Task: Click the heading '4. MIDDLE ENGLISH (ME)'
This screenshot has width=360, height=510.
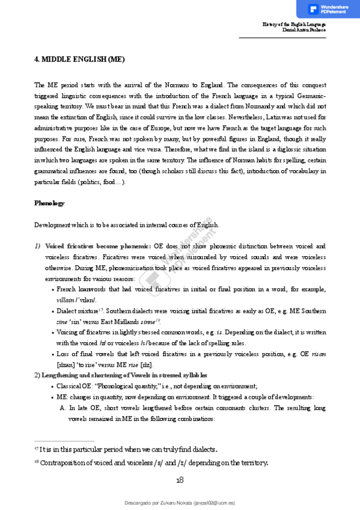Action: [79, 60]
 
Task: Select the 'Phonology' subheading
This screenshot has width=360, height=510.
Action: [49, 203]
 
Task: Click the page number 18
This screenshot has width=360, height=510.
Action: [180, 479]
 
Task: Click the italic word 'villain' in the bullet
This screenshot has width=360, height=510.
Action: [67, 300]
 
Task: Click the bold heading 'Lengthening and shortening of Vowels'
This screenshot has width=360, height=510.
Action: [95, 375]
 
